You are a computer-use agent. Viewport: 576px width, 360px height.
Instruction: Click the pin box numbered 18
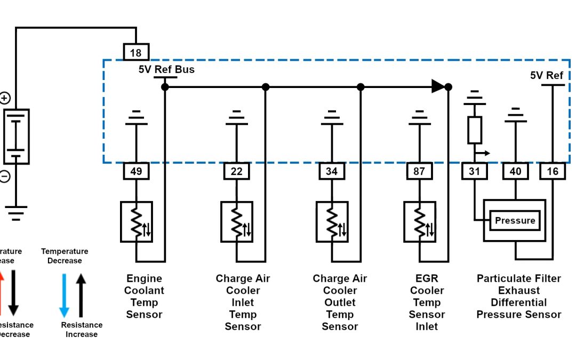136,52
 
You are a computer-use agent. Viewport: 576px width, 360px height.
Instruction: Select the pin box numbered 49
136,171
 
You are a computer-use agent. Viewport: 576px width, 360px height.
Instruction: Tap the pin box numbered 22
236,171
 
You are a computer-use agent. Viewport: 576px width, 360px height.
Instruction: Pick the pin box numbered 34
332,171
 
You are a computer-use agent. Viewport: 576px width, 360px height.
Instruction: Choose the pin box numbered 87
419,171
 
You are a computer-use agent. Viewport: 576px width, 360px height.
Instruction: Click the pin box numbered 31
474,171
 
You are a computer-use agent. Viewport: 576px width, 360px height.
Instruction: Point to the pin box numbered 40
515,171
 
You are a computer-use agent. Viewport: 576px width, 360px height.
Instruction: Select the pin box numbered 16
553,171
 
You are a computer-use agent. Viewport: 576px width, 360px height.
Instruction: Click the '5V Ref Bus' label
166,70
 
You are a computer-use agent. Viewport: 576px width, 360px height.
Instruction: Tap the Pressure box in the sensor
515,220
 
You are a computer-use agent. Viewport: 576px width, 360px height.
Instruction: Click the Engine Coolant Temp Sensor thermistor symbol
137,221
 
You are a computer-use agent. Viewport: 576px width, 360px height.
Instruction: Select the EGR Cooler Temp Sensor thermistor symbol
419,221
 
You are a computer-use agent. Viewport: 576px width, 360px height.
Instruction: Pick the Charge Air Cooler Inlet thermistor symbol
236,221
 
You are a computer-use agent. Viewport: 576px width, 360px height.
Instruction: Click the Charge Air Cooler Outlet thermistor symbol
332,221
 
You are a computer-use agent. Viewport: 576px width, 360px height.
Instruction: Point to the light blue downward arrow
64,295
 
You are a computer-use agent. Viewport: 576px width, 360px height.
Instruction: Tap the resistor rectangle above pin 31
474,130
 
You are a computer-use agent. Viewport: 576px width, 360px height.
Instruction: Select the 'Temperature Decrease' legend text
65,256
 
